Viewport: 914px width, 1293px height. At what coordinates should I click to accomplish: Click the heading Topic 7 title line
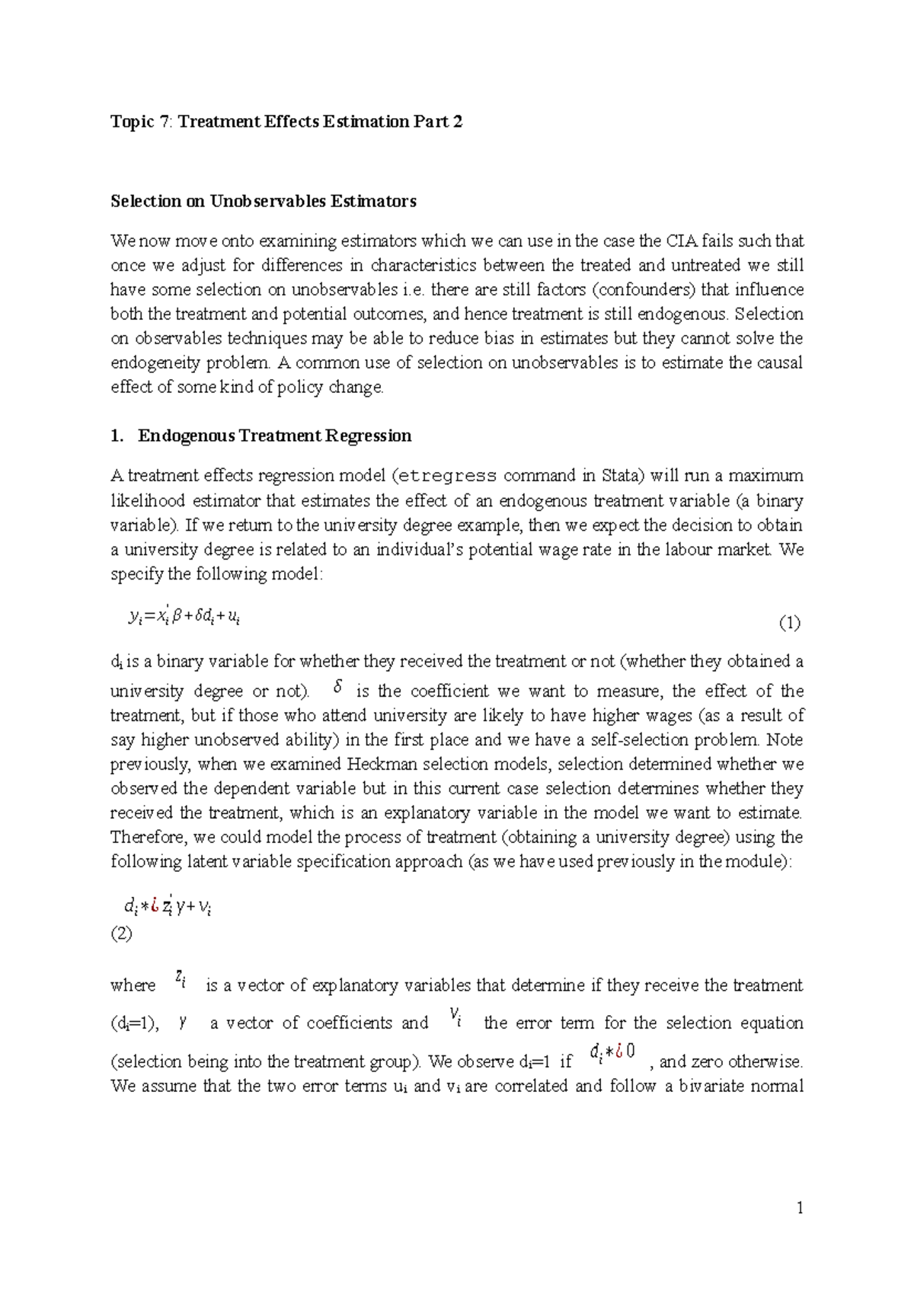click(286, 122)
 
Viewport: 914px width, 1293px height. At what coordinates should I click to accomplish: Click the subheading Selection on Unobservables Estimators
click(264, 201)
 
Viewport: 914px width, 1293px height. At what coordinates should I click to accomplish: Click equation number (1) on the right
click(789, 624)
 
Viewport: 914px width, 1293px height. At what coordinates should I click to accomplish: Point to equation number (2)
click(121, 934)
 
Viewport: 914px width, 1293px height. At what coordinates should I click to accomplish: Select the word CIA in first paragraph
click(681, 241)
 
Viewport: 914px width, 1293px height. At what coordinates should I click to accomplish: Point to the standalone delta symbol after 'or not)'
click(338, 688)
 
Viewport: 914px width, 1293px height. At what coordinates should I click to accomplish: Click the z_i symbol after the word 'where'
click(181, 978)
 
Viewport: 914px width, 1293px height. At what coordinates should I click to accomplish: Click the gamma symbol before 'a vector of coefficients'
click(183, 1023)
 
